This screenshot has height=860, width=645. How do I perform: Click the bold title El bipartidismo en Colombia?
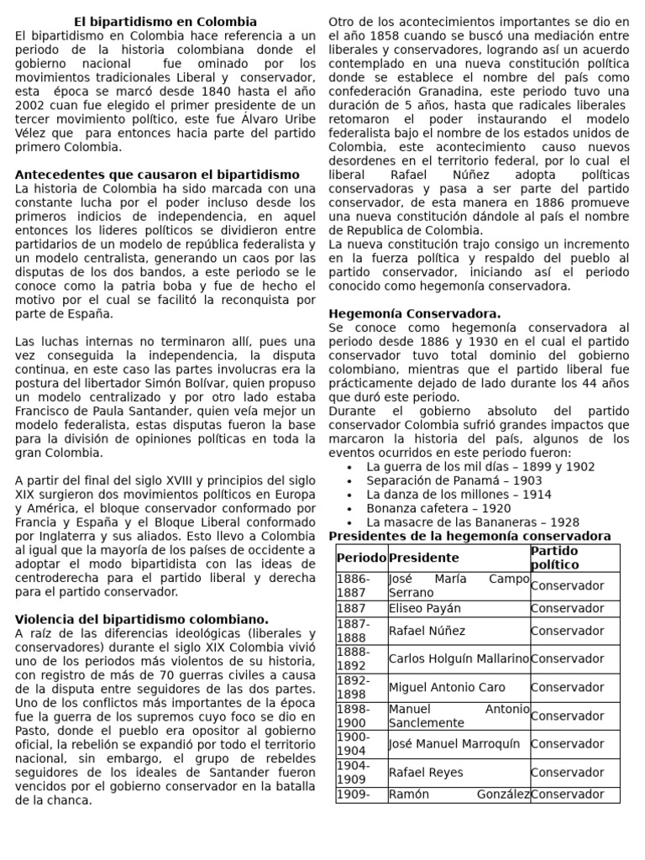pos(165,21)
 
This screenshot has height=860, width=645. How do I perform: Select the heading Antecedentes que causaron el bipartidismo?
pos(157,174)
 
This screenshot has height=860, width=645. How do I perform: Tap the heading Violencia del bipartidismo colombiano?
pos(142,619)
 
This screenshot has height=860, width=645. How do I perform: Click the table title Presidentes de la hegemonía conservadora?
pos(469,536)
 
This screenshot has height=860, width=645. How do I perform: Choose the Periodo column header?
pos(361,558)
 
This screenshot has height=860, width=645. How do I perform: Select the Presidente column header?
pos(424,558)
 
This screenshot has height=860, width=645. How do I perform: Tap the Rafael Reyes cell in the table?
pos(426,772)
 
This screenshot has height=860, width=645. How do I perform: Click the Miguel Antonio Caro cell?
pos(447,687)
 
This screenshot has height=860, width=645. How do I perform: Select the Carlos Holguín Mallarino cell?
pos(459,658)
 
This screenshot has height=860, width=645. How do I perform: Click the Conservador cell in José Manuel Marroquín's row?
pos(567,743)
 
